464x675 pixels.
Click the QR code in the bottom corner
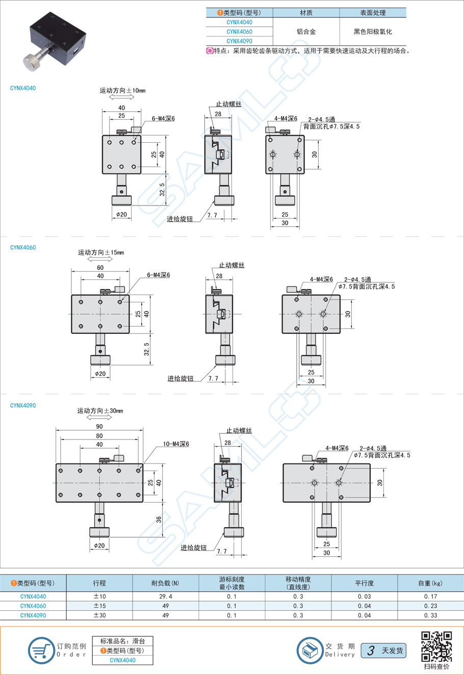[436, 646]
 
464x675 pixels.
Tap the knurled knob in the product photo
[33, 62]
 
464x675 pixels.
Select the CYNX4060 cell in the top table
[239, 32]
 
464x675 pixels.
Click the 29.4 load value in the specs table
[166, 596]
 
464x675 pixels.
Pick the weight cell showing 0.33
[430, 615]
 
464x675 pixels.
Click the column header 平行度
[364, 583]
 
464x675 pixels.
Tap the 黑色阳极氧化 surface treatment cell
[373, 32]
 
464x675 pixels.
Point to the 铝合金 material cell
[306, 32]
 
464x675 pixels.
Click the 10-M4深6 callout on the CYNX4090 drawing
[176, 444]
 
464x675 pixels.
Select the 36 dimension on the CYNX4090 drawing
[159, 520]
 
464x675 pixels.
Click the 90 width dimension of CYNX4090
[99, 426]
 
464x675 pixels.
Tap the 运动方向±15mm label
[101, 252]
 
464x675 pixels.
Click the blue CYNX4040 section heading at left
[23, 88]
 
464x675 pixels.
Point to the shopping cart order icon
[41, 651]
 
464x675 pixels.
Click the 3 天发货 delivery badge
[383, 651]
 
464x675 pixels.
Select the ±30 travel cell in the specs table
[99, 615]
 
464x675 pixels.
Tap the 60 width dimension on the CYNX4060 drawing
[100, 268]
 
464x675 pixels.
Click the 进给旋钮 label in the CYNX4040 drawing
[179, 219]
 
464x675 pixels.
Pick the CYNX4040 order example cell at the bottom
[122, 660]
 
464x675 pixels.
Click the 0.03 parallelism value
[364, 596]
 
